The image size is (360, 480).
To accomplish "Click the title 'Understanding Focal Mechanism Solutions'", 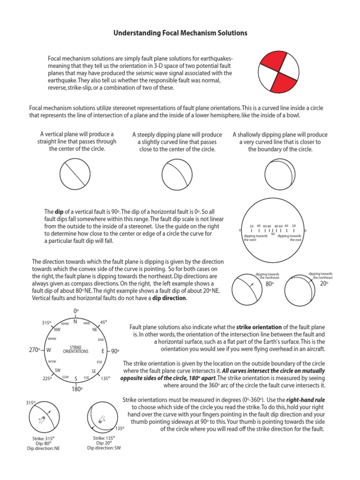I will coord(180,33).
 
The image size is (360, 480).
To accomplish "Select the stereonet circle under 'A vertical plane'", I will coord(74,173).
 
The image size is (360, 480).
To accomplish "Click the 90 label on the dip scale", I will coord(273,234).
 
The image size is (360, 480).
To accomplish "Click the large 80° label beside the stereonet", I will coord(270,284).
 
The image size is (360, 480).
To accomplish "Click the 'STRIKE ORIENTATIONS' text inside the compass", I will coord(75,350).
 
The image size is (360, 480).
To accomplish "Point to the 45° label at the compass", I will coord(104,322).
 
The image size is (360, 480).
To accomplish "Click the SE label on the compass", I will coord(94,371).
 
